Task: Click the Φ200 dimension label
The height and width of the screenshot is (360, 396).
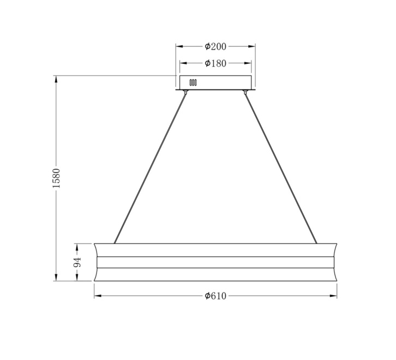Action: pos(215,46)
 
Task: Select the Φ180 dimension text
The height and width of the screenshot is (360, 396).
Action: pos(215,63)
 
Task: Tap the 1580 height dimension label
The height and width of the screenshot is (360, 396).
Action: pos(56,178)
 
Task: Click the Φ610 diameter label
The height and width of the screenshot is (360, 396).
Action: pos(215,296)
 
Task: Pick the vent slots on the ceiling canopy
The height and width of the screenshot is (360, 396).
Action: pos(193,82)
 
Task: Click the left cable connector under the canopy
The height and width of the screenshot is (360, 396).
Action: pos(186,92)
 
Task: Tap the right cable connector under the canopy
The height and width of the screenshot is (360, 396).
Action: pos(245,92)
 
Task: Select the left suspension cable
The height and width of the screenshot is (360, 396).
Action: pos(150,169)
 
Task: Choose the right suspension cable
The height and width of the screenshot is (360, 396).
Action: pos(280,169)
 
